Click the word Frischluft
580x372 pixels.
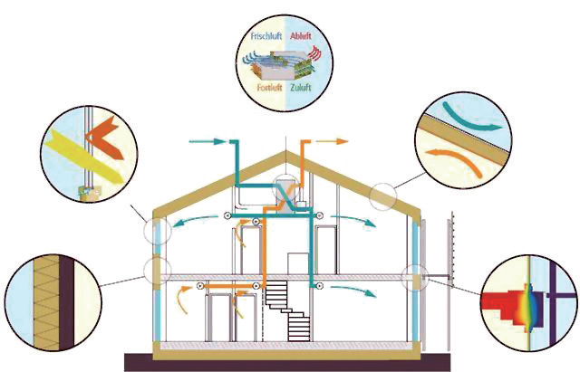click(x=268, y=39)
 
